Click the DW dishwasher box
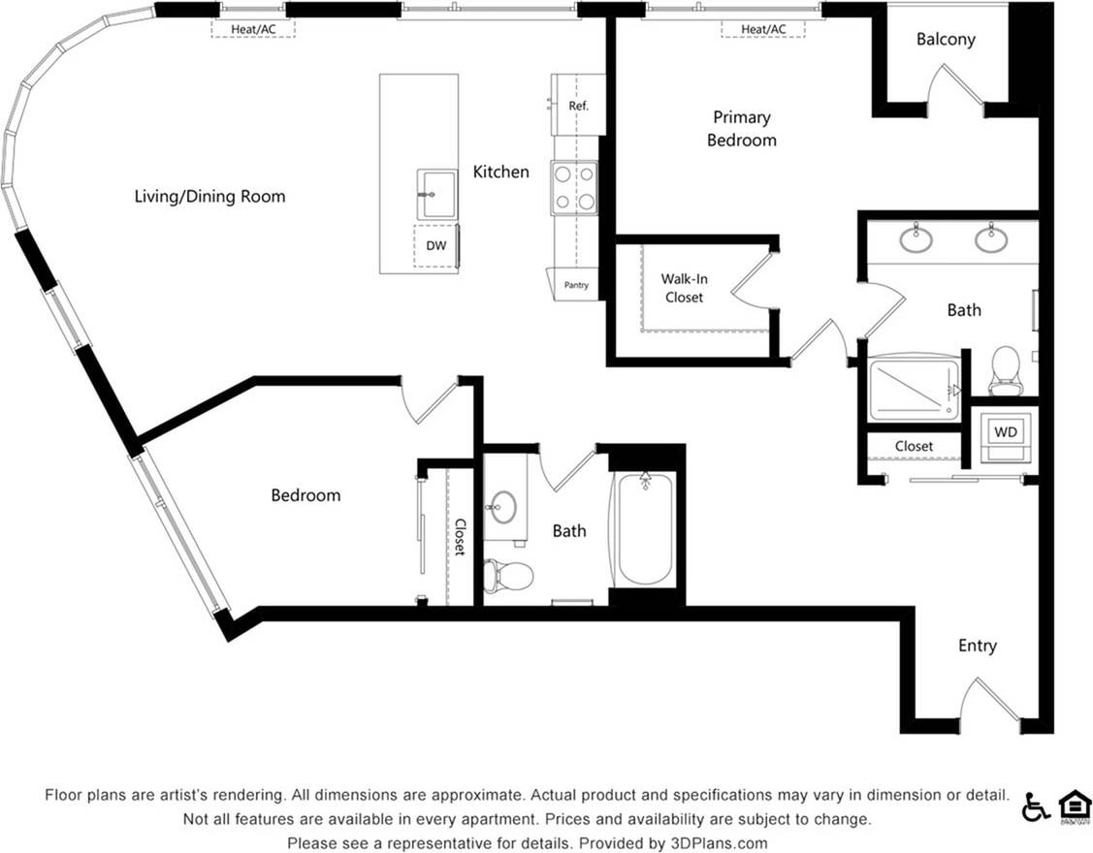(436, 246)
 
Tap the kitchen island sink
(436, 194)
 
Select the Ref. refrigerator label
(579, 106)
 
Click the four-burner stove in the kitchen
(574, 188)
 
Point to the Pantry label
(576, 285)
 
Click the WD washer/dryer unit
(1006, 431)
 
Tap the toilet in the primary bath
(1005, 369)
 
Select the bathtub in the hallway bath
(645, 529)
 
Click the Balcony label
(946, 40)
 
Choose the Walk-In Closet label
(684, 288)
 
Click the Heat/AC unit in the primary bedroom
(763, 29)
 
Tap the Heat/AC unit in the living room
(253, 29)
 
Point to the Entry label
(977, 646)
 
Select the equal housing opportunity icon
(1074, 806)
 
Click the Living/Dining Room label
(209, 197)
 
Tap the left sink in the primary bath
(916, 238)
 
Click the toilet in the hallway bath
(509, 576)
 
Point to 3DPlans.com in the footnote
(715, 842)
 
